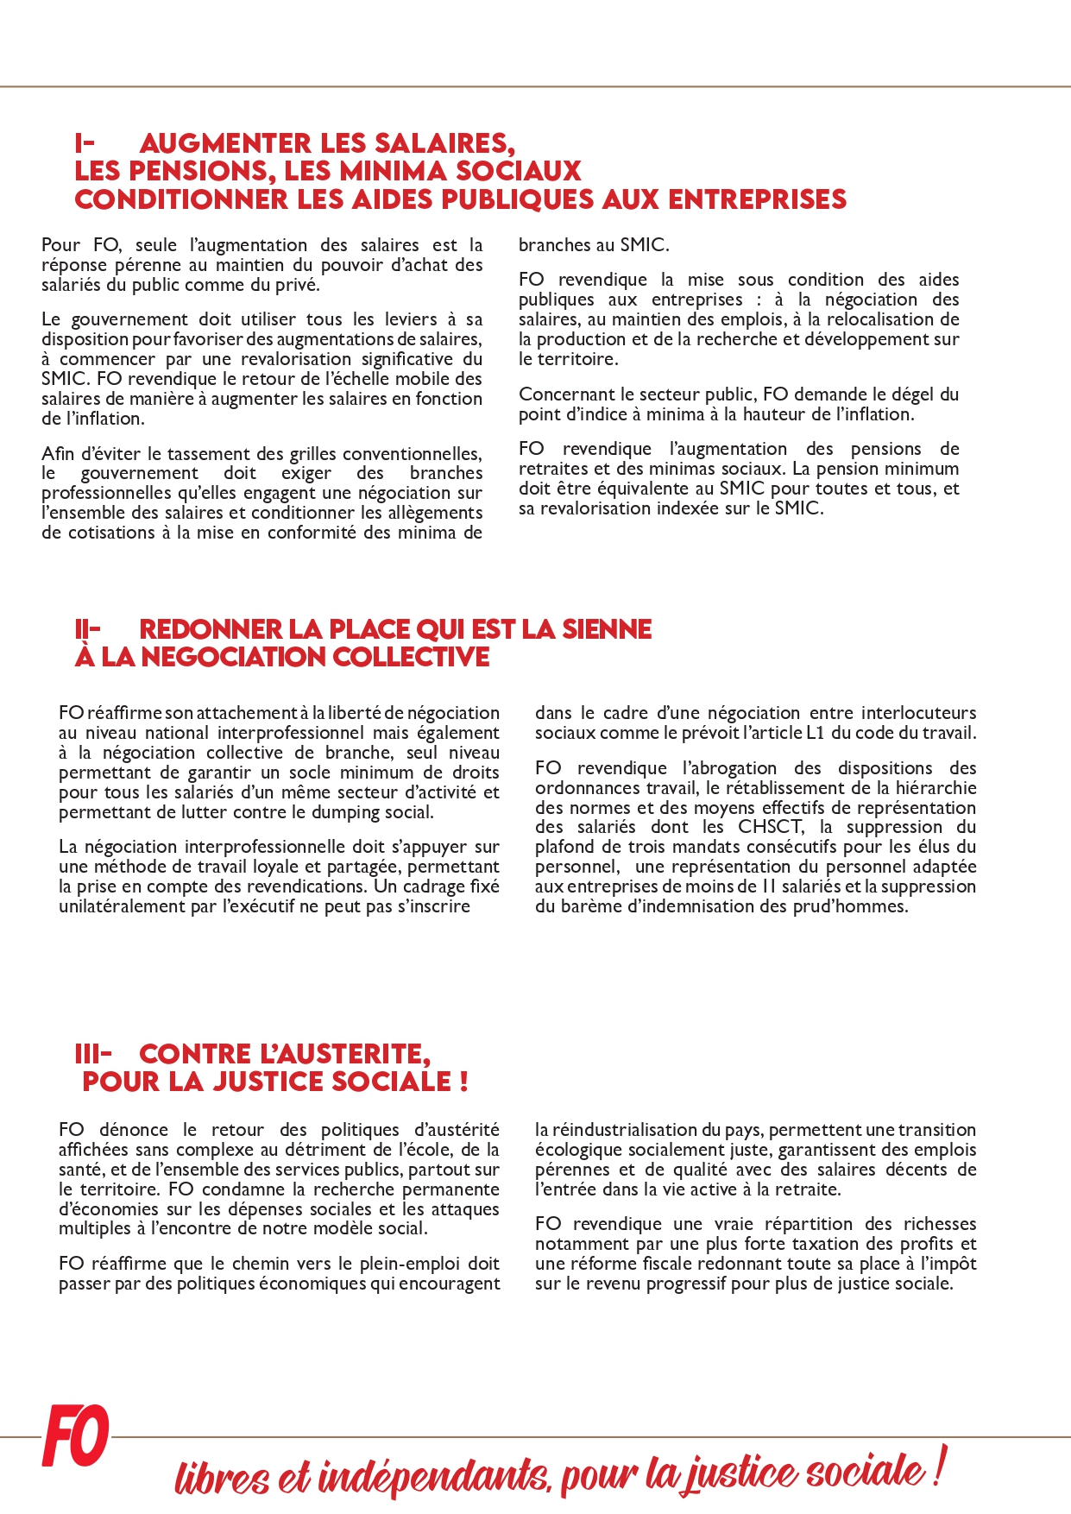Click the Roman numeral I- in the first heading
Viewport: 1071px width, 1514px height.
coord(84,143)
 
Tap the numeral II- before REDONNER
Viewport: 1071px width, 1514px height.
coord(87,629)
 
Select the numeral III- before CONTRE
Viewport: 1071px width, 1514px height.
coord(92,1054)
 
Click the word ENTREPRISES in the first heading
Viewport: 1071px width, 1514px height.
coord(758,199)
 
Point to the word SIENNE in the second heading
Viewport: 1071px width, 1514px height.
coord(607,629)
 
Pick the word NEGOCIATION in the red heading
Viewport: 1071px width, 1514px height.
coord(233,657)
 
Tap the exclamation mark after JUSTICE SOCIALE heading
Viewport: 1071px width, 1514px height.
coord(463,1081)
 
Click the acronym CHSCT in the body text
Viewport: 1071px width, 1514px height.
coord(770,827)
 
